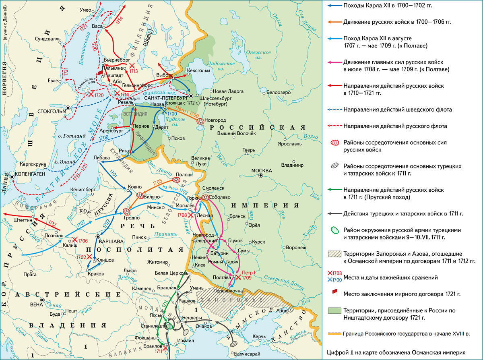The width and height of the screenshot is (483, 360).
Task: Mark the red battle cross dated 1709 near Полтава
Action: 238,277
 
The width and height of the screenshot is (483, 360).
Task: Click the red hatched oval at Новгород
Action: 200,120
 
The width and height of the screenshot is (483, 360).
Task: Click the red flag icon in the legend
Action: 333,292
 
